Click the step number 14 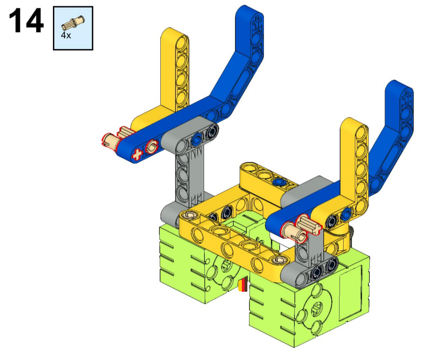[26, 21]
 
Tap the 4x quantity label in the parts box [66, 35]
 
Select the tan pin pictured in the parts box [73, 23]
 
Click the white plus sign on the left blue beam [137, 154]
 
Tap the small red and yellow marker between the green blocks [242, 285]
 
